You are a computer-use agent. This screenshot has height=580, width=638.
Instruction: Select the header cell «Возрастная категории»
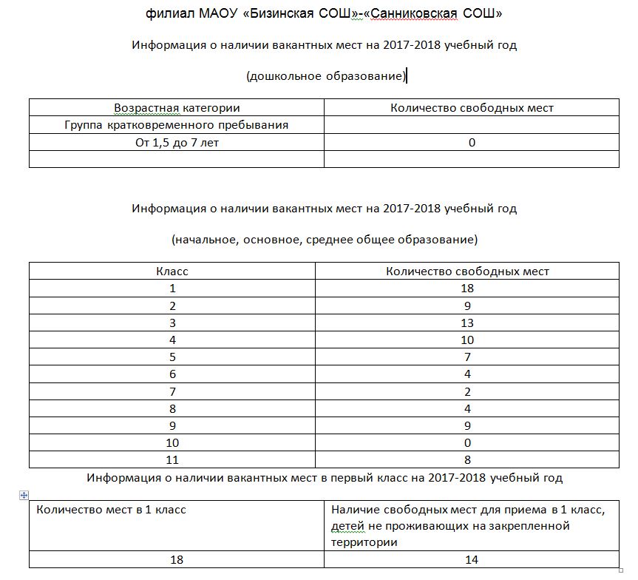(x=177, y=108)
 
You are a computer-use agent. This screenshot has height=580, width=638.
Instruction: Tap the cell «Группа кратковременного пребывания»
(x=177, y=125)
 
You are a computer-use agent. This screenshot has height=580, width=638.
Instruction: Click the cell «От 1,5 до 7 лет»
(x=177, y=143)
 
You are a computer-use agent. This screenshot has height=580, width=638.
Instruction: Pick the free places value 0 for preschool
(x=472, y=143)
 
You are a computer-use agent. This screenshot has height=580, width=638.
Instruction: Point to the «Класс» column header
(x=172, y=272)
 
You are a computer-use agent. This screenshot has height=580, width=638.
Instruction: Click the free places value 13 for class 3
(x=467, y=323)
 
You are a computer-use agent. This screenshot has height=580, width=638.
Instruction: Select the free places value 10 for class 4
(x=467, y=340)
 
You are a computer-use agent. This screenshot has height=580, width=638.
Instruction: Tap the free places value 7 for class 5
(x=467, y=357)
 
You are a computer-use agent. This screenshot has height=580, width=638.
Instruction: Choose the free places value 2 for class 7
(x=467, y=391)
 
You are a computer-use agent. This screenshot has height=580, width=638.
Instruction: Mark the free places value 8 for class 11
(x=467, y=459)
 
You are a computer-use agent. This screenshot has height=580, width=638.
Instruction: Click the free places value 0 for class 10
(x=467, y=442)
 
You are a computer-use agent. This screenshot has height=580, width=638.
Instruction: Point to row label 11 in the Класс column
(x=172, y=459)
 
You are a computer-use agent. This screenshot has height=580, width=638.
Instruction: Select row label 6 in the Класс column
(x=172, y=374)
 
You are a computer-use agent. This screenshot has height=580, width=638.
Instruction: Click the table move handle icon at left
(x=24, y=495)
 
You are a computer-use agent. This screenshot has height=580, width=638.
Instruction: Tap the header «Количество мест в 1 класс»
(x=111, y=510)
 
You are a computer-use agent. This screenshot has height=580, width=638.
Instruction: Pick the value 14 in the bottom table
(x=472, y=560)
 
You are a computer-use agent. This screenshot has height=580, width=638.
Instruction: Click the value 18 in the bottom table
(x=177, y=560)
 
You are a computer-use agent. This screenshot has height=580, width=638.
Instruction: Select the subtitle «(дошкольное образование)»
(x=326, y=76)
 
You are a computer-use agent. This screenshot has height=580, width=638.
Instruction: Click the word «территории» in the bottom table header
(x=364, y=542)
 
